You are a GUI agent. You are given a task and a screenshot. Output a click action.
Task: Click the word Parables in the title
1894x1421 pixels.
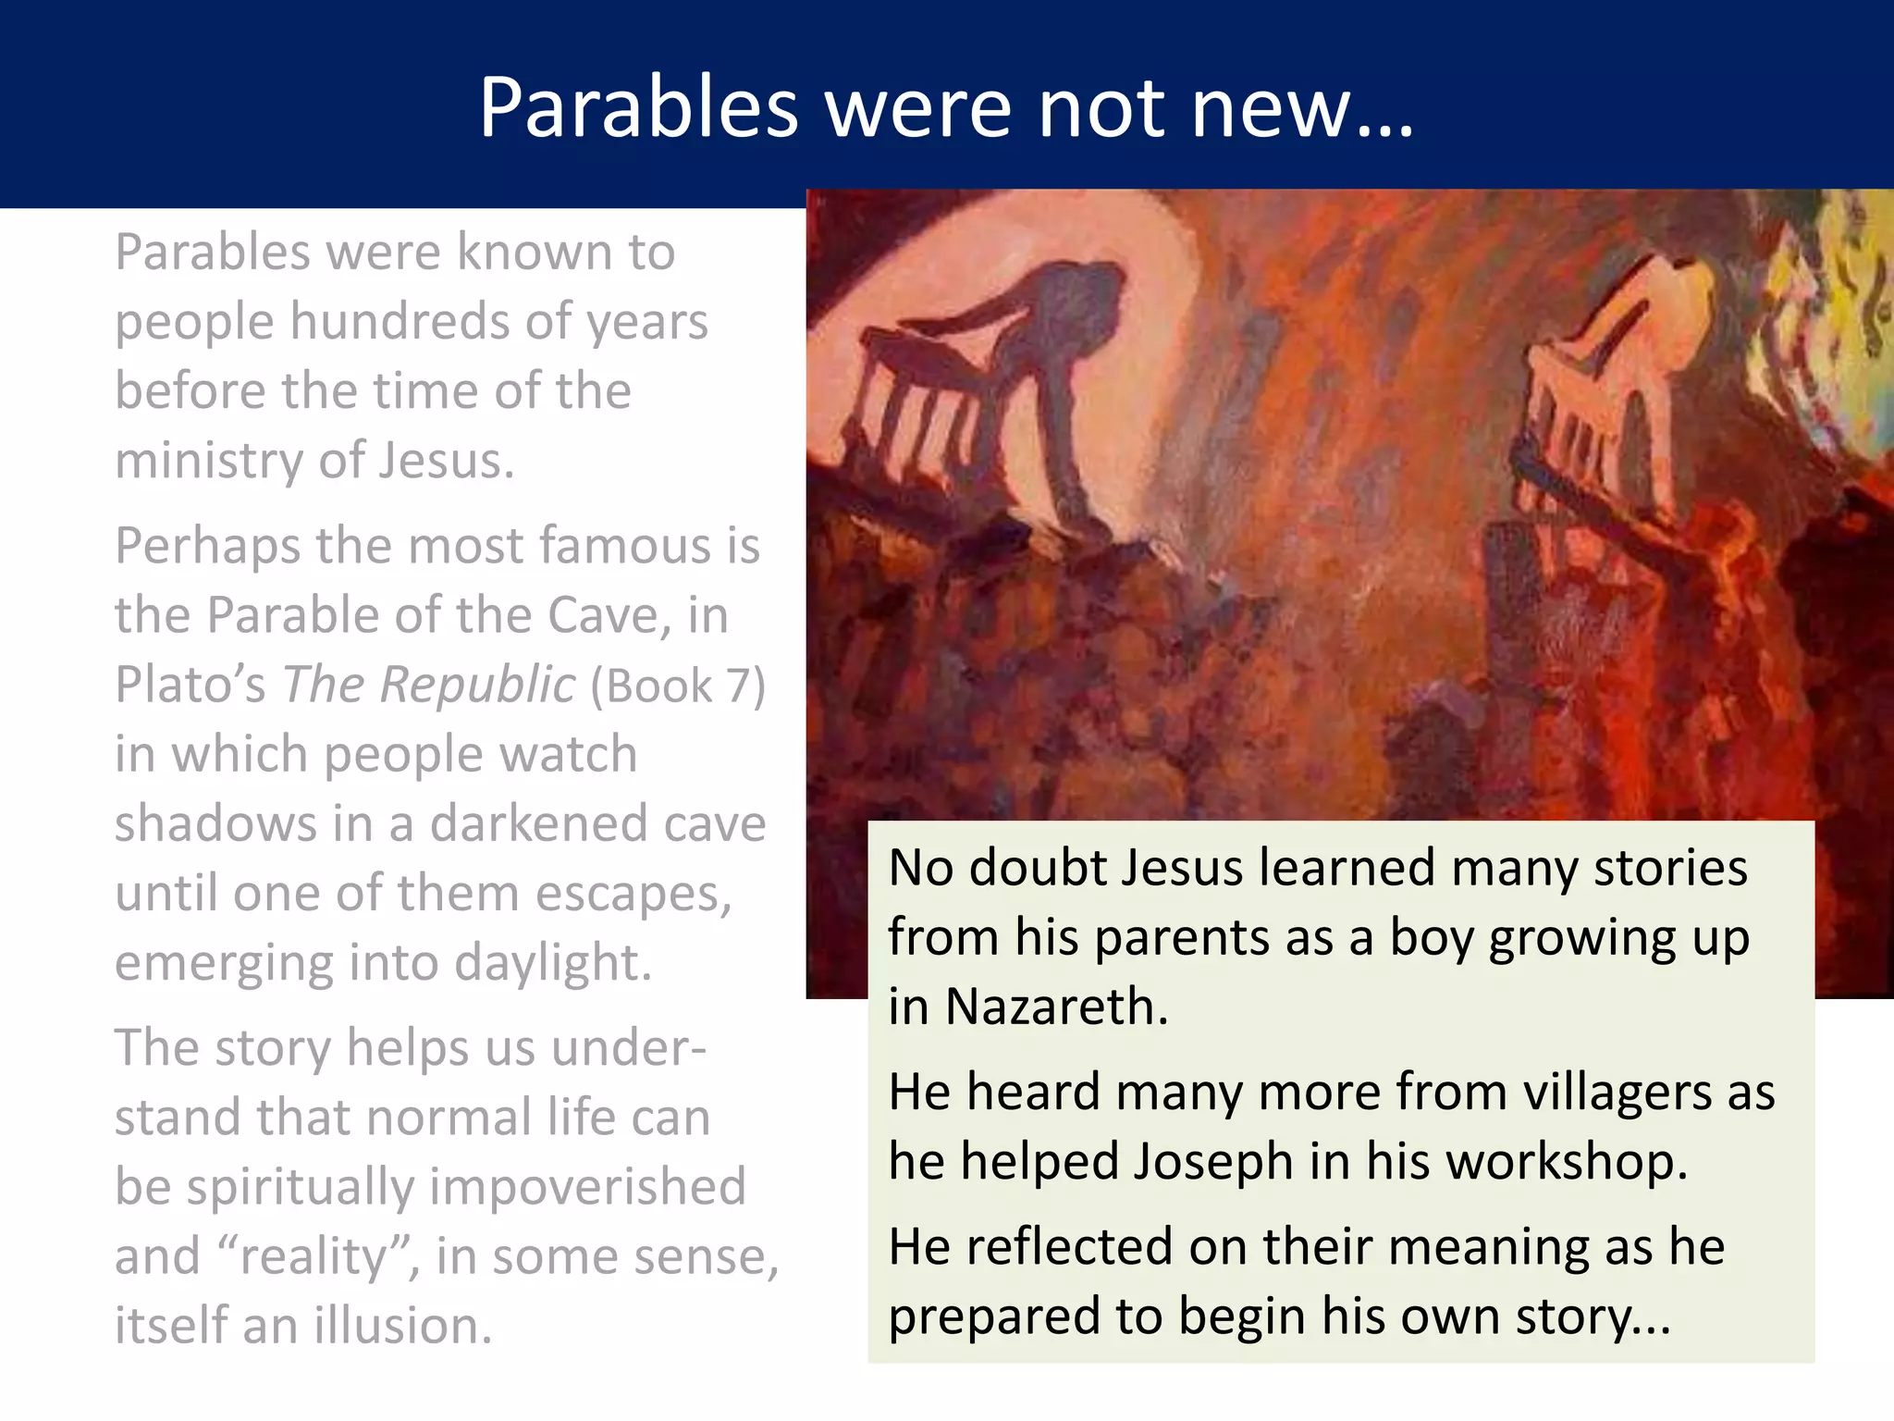[637, 108]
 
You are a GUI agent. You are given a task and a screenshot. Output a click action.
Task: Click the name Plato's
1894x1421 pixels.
[190, 686]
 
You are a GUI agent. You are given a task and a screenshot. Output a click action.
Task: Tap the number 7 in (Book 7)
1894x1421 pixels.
[737, 686]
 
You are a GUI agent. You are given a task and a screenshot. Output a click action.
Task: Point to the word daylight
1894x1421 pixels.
[552, 963]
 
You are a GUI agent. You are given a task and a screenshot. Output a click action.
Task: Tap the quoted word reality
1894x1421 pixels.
[313, 1256]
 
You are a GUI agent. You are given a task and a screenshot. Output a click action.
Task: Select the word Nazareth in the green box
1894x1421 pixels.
[1056, 1007]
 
